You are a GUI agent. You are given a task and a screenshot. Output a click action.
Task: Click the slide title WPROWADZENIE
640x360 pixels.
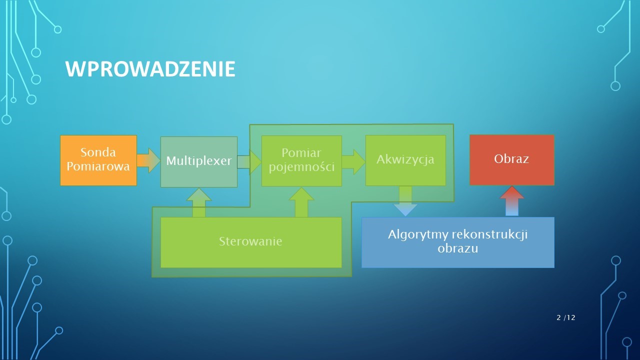150,69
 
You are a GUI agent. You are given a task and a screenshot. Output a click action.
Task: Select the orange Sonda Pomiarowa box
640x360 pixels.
98,160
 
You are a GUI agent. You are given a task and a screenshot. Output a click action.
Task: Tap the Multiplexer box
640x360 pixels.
199,161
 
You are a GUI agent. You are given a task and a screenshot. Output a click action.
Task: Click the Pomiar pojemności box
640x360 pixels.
301,161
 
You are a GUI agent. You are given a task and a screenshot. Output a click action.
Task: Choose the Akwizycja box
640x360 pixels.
405,160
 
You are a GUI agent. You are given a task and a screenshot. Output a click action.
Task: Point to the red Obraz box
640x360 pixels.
512,160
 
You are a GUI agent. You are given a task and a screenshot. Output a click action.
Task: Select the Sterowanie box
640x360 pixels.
251,242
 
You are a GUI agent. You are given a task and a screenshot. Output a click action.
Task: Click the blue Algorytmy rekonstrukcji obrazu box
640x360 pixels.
458,242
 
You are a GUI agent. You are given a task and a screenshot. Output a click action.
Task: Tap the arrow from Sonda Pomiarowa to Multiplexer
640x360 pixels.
148,160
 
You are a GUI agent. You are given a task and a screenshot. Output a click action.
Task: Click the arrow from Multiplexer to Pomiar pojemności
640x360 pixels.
249,162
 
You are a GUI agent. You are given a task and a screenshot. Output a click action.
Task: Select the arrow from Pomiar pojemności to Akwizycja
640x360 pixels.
353,161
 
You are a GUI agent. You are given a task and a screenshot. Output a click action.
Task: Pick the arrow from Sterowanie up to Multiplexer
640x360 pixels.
199,202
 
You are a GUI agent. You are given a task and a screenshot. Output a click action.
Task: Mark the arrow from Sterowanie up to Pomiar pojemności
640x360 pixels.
301,202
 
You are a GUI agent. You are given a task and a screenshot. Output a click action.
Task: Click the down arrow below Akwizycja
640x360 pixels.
405,201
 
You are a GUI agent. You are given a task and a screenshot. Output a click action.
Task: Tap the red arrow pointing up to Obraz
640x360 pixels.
511,201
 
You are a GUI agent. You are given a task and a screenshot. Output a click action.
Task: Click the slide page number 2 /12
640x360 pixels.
565,317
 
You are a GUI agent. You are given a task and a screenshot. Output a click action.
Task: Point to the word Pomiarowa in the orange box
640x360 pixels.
98,166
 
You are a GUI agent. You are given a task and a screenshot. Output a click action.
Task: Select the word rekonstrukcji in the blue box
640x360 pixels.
490,235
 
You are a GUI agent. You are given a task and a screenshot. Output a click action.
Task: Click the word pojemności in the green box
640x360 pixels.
301,167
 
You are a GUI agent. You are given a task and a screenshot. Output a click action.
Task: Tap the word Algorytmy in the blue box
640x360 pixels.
418,235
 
